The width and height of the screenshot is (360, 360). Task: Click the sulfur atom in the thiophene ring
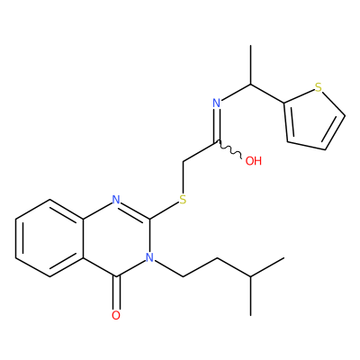tap(319, 87)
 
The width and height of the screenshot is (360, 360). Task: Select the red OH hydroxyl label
tap(254, 161)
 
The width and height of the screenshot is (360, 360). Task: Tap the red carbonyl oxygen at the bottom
tap(116, 315)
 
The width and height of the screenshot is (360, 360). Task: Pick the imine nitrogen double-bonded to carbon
tap(217, 103)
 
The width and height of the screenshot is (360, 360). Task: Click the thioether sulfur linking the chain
tap(183, 200)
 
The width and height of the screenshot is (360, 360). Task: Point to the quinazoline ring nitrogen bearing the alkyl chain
tap(149, 257)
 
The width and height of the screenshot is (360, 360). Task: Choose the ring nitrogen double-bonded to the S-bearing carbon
tap(116, 200)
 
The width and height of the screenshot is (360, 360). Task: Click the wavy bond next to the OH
tap(229, 149)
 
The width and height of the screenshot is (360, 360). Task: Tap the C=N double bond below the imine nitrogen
tap(217, 125)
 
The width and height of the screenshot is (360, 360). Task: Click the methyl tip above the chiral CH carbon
tap(250, 46)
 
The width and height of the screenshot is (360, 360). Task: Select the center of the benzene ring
tap(49, 238)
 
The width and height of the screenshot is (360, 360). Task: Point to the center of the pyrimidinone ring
tap(116, 238)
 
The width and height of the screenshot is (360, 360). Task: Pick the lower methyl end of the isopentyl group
tap(250, 315)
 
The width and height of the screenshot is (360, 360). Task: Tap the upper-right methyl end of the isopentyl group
tap(283, 257)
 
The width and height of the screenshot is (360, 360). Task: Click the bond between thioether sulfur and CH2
tap(183, 177)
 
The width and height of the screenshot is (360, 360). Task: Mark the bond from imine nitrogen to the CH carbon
tap(237, 92)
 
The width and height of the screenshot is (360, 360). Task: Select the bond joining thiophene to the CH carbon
tap(267, 94)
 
